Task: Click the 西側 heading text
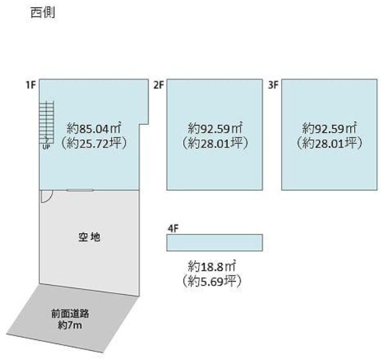coord(43,13)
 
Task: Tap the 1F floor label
coord(31,85)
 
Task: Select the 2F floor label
coord(159,85)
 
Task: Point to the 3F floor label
coord(274,85)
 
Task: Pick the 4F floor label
coord(173,228)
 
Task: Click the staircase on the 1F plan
coord(47,122)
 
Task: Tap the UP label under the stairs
coord(47,147)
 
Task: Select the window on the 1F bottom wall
coord(80,190)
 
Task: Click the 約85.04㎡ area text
coord(94,128)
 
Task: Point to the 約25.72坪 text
coord(94,143)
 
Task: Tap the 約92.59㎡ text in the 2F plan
coord(215,128)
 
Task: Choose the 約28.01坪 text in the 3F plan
coord(330,143)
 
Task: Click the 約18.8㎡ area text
coord(211,266)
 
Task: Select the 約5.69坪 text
coord(211,281)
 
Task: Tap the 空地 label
coord(89,237)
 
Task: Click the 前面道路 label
coord(70,314)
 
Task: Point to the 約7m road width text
coord(70,325)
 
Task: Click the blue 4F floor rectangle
coord(215,242)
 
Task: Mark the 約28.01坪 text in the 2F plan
coord(215,143)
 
